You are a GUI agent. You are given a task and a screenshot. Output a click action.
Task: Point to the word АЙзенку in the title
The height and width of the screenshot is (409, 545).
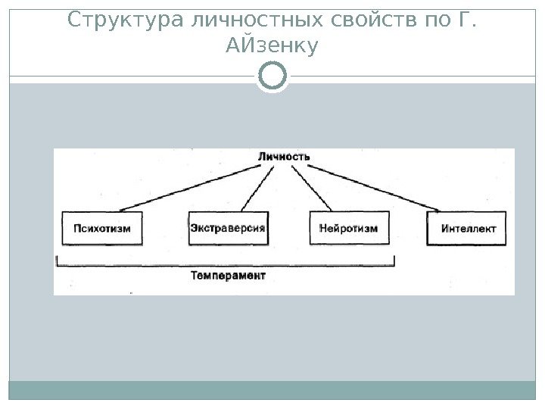click(x=272, y=48)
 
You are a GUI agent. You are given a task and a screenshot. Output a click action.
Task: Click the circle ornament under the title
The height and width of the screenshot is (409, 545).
click(x=272, y=76)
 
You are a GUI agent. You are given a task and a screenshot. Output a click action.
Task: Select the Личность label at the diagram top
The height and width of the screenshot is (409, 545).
click(x=284, y=157)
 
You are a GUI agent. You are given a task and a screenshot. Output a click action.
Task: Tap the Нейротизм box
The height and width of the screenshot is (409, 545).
click(x=349, y=228)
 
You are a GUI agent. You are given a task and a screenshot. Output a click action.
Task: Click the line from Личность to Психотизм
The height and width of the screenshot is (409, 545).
click(x=197, y=187)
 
